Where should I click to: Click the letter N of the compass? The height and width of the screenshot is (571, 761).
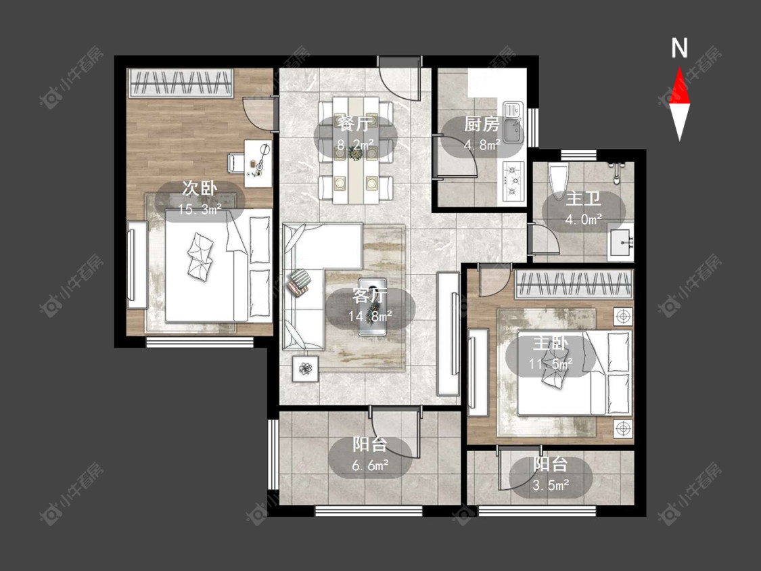pos(679,48)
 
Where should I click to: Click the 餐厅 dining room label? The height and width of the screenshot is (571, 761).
pos(356,124)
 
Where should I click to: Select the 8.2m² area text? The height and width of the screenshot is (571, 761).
pos(356,144)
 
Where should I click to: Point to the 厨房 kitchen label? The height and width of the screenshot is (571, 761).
pos(482,124)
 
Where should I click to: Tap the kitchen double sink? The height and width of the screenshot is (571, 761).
pos(513,122)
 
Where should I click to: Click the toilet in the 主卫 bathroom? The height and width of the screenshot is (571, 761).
pos(557,179)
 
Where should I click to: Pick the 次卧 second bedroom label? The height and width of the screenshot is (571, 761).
pos(200,188)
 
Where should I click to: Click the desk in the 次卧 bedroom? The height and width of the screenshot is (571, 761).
pos(258,163)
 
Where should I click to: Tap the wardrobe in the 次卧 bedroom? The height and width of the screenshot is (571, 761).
pos(181,83)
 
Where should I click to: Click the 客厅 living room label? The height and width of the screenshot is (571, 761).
pos(370,295)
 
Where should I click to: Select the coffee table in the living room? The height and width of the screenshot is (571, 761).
pos(372,307)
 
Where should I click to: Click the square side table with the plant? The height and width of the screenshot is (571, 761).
pos(305,369)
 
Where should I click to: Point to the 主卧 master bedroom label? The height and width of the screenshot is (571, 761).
pos(551,344)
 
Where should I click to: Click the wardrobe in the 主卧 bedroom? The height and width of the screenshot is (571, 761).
pos(574,284)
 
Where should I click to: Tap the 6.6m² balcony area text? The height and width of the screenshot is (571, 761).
pos(370,466)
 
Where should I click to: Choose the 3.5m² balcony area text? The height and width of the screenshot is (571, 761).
pos(551,485)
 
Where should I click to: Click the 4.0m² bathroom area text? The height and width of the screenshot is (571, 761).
pos(583,220)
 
